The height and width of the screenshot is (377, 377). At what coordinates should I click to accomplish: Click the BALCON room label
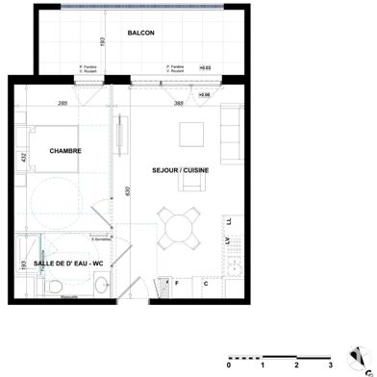pyautogui.click(x=140, y=33)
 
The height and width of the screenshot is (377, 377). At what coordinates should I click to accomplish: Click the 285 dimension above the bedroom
pyautogui.click(x=63, y=103)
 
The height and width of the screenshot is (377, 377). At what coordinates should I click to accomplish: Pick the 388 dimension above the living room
pyautogui.click(x=179, y=103)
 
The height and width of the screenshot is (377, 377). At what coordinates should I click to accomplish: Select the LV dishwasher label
pyautogui.click(x=227, y=240)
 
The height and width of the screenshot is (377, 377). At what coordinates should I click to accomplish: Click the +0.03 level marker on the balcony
pyautogui.click(x=205, y=68)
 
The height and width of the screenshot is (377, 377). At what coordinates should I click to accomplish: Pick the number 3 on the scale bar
pyautogui.click(x=330, y=365)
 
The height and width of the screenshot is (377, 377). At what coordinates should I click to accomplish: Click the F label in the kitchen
pyautogui.click(x=176, y=285)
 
